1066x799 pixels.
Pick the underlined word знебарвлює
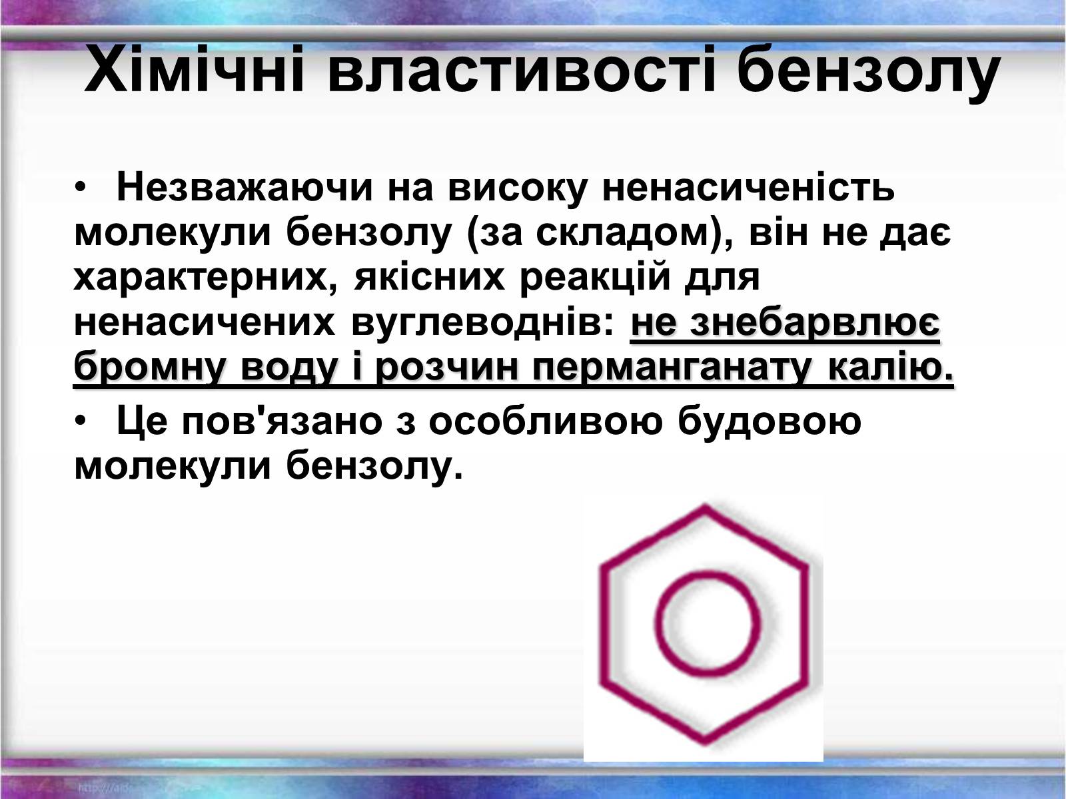(815, 323)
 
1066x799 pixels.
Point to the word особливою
(546, 420)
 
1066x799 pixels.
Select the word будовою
(770, 421)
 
